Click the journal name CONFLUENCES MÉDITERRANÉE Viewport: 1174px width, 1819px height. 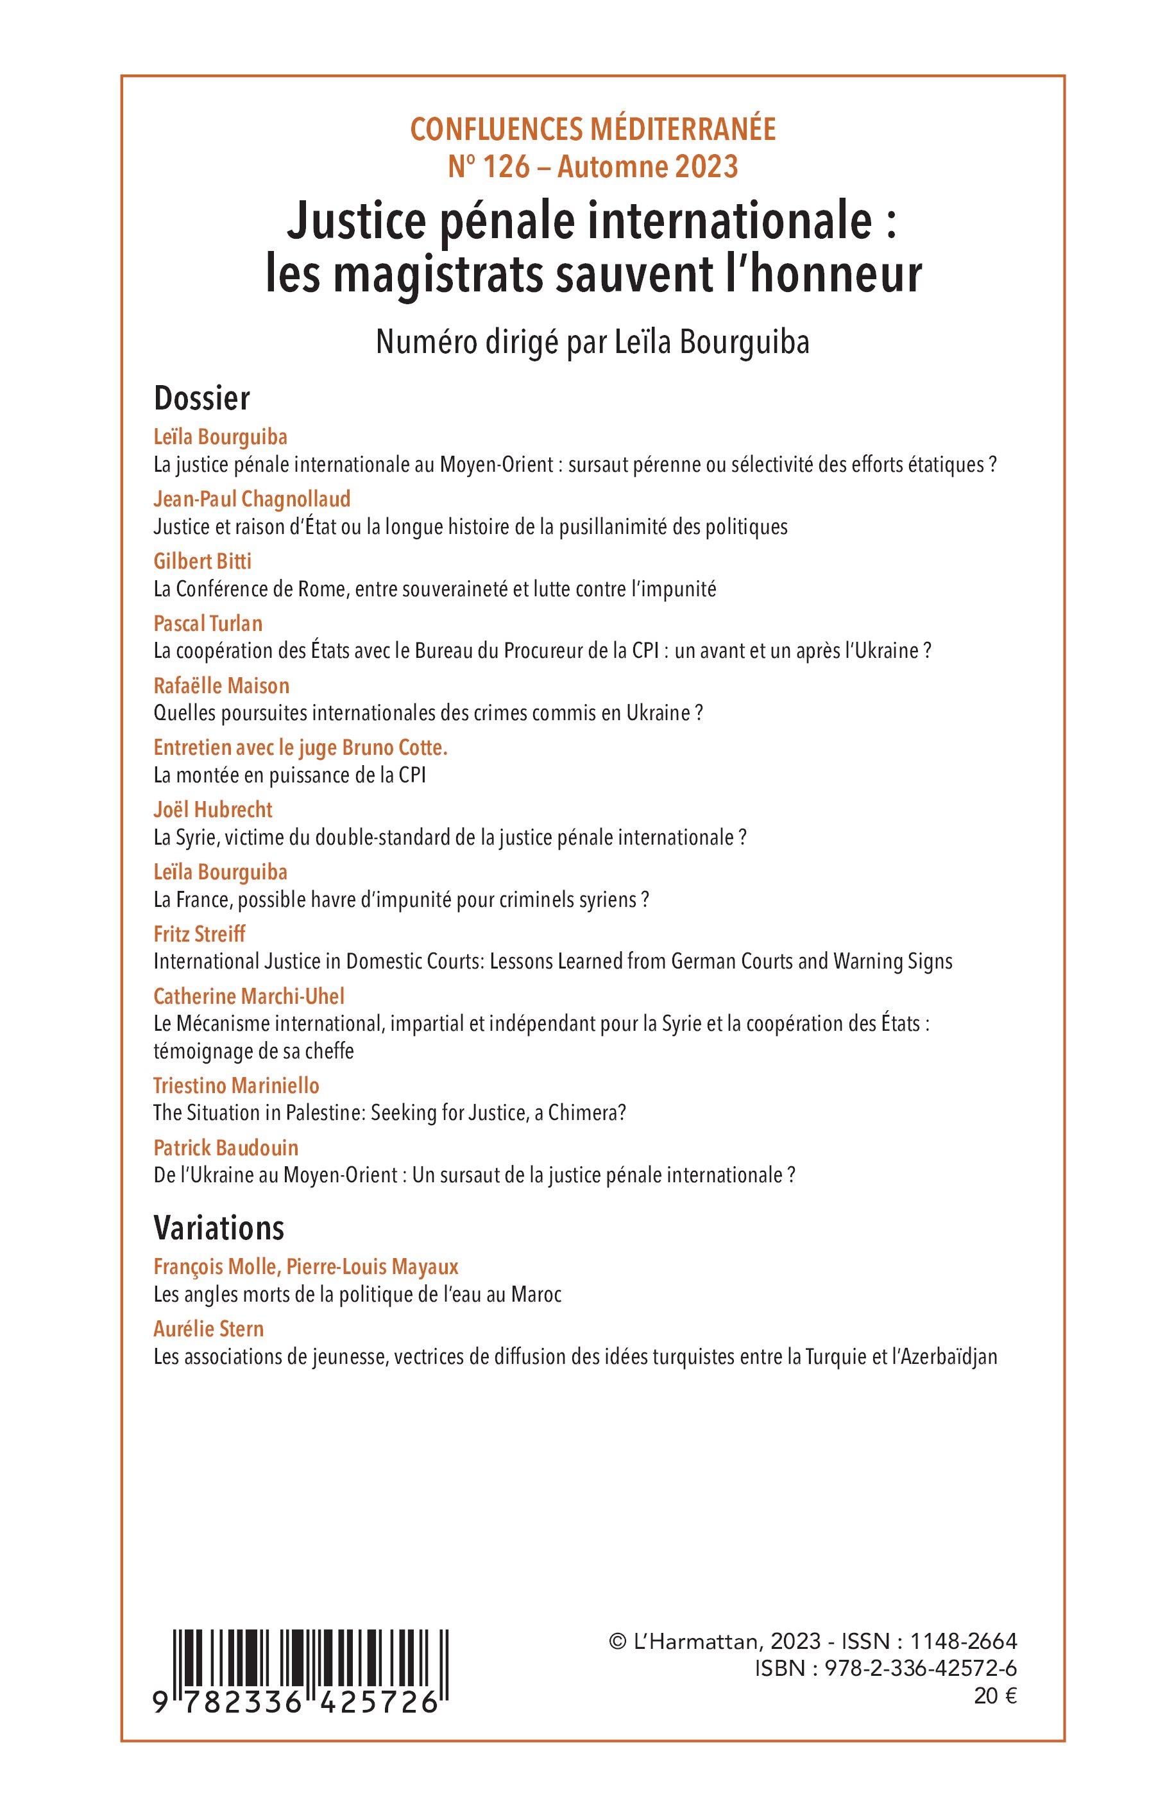[593, 130]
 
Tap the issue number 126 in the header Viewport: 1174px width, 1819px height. [506, 167]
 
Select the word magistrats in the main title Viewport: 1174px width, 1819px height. [439, 275]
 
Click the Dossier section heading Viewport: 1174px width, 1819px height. [201, 398]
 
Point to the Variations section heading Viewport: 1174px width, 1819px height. [219, 1228]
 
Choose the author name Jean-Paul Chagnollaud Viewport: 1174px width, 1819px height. [251, 499]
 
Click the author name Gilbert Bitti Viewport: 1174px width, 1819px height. [202, 562]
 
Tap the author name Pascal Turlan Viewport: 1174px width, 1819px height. [207, 623]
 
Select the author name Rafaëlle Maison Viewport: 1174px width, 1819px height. [221, 685]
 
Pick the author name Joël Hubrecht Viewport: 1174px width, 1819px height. [213, 809]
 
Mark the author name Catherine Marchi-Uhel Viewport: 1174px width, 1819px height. [248, 996]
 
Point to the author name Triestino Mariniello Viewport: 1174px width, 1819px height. [235, 1085]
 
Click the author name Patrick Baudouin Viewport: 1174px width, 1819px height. [226, 1148]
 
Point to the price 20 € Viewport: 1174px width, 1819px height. [995, 1696]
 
